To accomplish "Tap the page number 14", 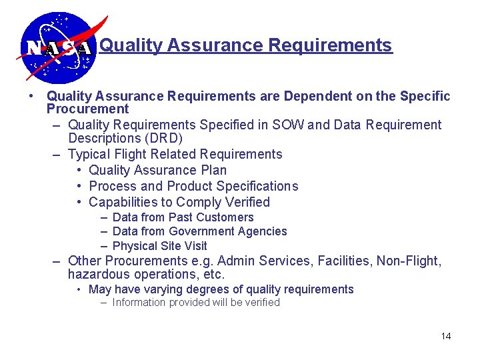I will click(446, 336).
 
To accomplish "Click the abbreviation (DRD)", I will click(159, 139).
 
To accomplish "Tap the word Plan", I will click(211, 171).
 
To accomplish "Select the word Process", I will click(112, 187).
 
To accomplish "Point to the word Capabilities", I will click(121, 203).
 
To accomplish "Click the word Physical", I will click(135, 246).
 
